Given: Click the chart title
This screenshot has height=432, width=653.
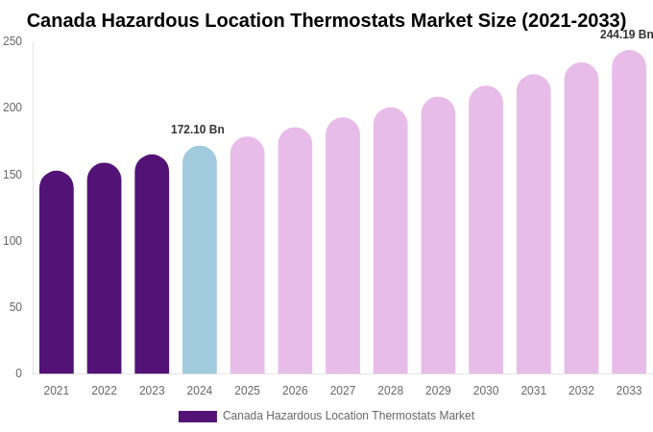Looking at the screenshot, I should (326, 20).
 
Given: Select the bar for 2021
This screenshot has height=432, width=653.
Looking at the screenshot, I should (57, 273).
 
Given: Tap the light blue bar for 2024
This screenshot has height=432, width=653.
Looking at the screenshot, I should (200, 260).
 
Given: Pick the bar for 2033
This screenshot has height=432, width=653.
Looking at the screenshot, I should (629, 212).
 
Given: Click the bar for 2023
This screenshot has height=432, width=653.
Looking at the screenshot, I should (152, 264).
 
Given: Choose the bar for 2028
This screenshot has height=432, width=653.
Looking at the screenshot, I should (391, 241).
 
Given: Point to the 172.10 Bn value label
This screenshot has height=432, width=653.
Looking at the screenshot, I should (198, 130).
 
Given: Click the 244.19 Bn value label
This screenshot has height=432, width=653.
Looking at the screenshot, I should (626, 35).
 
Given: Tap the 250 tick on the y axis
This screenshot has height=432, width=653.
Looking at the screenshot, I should (12, 41).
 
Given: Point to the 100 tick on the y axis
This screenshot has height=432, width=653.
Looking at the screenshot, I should (12, 241).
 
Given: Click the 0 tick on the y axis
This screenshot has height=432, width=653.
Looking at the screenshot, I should (18, 373).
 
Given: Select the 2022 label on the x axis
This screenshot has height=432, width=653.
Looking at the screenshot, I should (105, 391).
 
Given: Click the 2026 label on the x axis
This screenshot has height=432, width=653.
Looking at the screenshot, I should (295, 391).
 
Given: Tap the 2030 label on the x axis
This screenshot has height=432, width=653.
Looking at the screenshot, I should (486, 391).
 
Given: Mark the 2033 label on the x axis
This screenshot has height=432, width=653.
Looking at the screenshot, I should (629, 391).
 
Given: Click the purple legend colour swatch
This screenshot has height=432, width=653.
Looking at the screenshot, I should (198, 417).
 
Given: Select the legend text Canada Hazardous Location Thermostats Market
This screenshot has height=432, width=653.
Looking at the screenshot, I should (349, 416).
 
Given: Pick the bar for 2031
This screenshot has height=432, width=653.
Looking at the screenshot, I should (534, 225).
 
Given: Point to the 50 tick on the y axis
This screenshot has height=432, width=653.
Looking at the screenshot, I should (15, 307).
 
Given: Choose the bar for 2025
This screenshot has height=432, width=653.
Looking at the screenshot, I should (248, 255).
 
